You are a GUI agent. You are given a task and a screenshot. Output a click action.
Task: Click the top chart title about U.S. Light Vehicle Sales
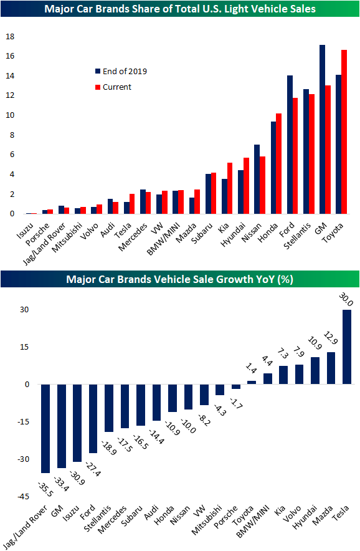tap(179, 9)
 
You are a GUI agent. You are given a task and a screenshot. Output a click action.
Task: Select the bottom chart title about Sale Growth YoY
tap(179, 279)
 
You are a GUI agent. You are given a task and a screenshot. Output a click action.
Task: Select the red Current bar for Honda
tap(278, 163)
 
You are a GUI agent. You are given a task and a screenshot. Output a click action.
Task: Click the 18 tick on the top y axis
tap(9, 36)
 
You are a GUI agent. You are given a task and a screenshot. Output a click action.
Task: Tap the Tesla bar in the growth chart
tap(346, 347)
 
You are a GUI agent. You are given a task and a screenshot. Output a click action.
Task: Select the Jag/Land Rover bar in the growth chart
tap(45, 428)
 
